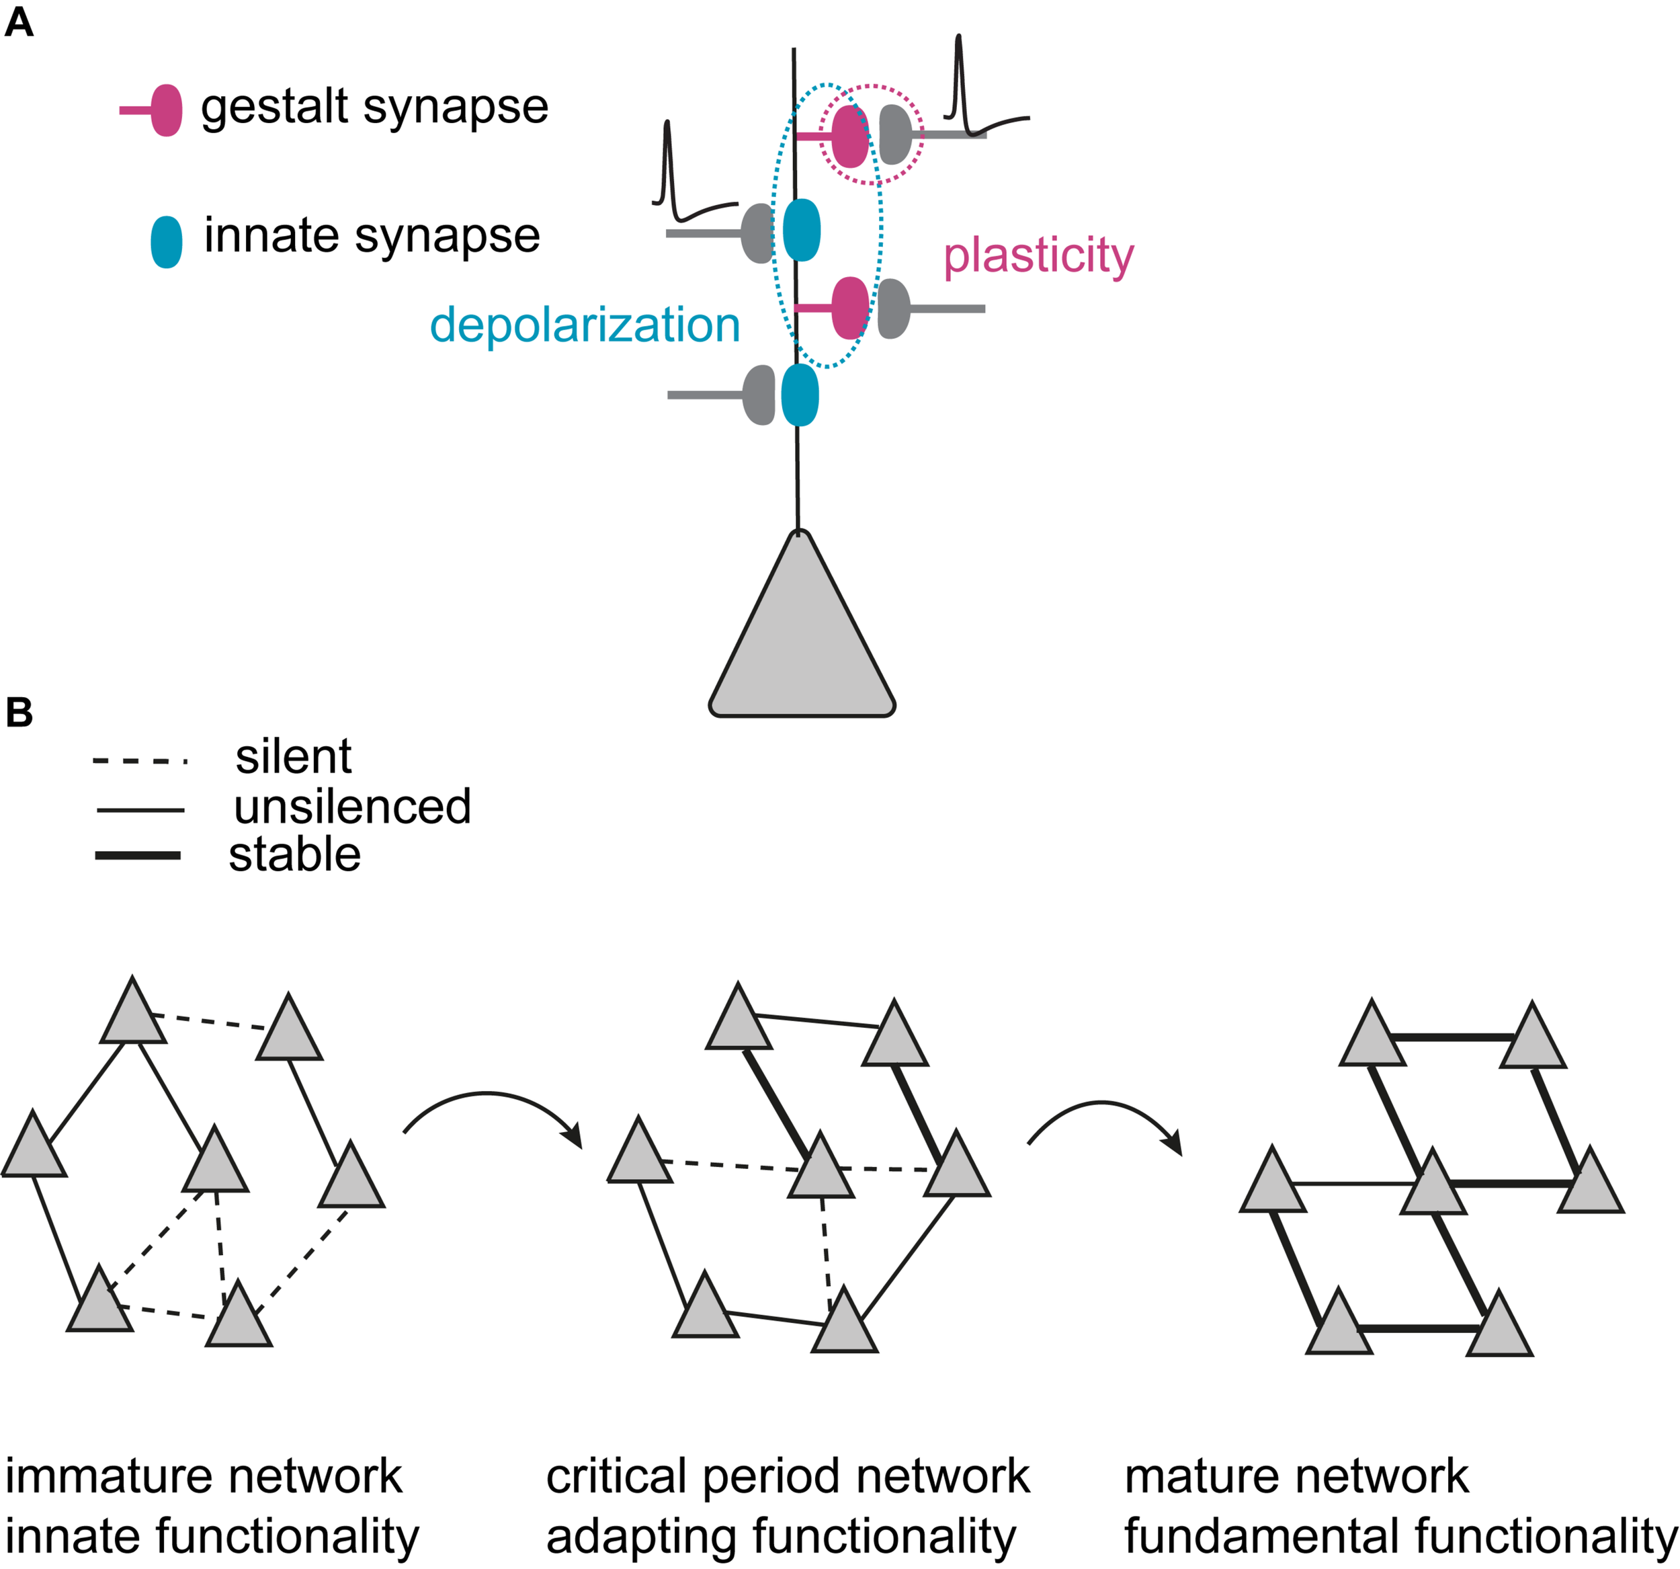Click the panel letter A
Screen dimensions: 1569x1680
(x=19, y=23)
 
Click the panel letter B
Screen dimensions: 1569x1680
(x=19, y=712)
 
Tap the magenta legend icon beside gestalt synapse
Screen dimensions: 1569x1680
(x=165, y=110)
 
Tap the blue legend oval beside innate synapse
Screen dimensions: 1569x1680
(x=167, y=242)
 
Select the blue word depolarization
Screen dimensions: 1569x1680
(x=585, y=325)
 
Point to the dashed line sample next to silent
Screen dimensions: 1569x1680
(x=139, y=761)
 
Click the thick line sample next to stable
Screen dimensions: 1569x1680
(x=138, y=856)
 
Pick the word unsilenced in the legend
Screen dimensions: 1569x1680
(x=351, y=807)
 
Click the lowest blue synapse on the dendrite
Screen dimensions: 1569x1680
(x=800, y=395)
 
